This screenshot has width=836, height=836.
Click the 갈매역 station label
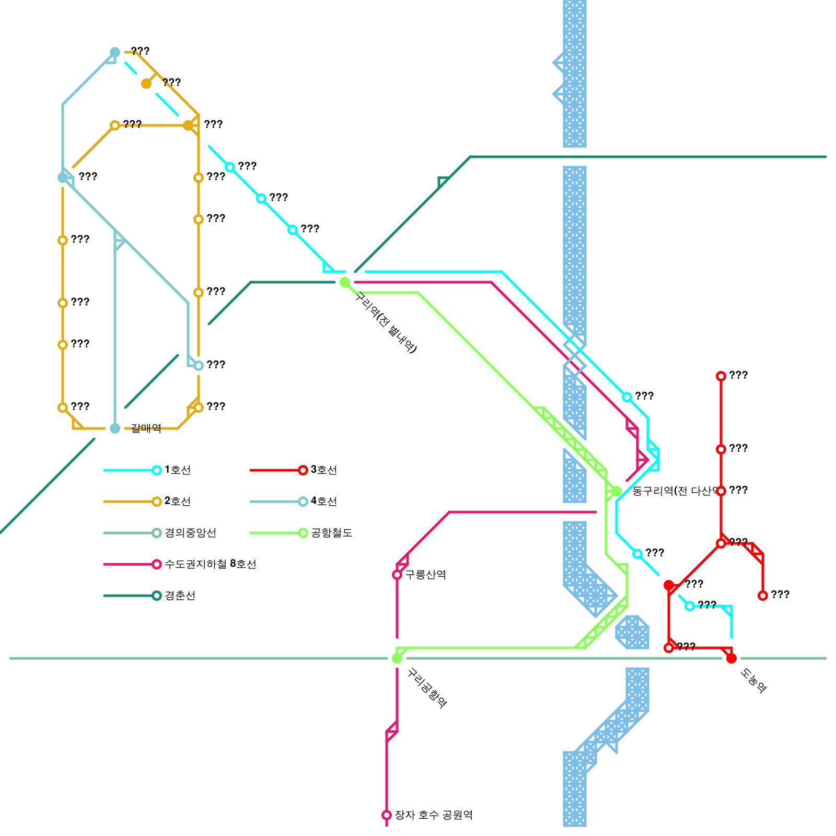[146, 428]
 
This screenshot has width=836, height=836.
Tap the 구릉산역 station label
[425, 575]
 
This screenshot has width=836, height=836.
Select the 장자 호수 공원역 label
[433, 815]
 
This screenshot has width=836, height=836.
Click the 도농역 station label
[753, 681]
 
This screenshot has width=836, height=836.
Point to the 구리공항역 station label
[426, 688]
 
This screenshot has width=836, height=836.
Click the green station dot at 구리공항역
[397, 658]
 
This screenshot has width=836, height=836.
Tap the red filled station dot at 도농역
[731, 658]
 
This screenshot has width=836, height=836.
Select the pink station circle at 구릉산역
[397, 575]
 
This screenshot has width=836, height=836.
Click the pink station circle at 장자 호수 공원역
[387, 815]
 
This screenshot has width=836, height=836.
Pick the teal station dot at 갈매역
[115, 428]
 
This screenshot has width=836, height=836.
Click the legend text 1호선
[178, 470]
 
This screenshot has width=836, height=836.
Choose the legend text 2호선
[178, 501]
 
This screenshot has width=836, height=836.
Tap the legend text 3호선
[324, 470]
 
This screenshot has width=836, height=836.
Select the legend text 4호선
[324, 501]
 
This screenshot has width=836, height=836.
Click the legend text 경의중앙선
[190, 533]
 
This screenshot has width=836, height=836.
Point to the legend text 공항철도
[332, 533]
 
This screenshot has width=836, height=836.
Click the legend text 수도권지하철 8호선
[211, 564]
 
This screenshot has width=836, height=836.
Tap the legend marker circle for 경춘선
[157, 596]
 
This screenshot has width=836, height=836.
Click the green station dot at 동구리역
[617, 491]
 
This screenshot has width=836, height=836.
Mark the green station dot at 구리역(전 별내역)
[345, 282]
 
